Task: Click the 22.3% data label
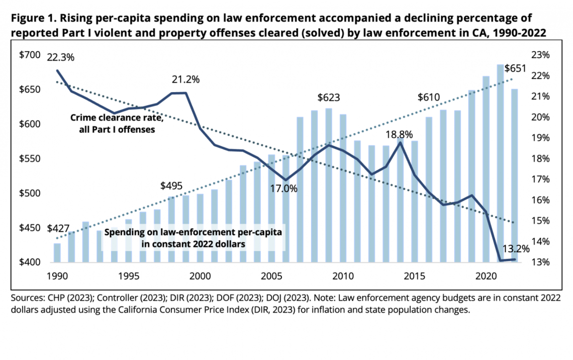60,57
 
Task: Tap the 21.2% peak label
185,79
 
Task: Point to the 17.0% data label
285,189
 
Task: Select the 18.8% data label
400,134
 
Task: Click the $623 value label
328,98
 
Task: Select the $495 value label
171,186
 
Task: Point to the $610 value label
429,98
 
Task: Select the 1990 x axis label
57,277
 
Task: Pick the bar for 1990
57,253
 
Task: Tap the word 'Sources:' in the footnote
26,298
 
